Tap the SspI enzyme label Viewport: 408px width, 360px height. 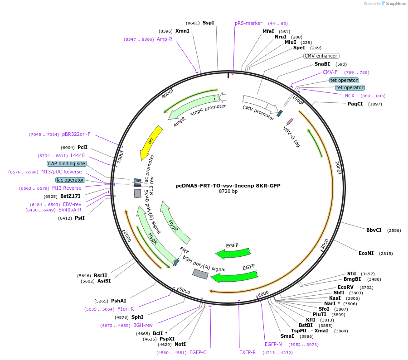pos(208,23)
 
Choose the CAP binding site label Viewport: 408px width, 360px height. pos(66,163)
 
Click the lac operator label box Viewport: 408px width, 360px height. pos(70,180)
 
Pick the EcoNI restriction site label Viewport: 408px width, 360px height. pos(366,253)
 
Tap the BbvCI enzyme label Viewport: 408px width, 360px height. pos(374,230)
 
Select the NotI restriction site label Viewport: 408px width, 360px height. pos(180,345)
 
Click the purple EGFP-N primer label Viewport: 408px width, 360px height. pos(273,344)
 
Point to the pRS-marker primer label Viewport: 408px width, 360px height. pos(248,23)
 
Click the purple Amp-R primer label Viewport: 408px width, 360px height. pos(165,39)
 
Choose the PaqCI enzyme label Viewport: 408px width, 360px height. pos(355,104)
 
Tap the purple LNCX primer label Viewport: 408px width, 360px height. pos(348,96)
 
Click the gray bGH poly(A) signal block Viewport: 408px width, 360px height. pos(200,274)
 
